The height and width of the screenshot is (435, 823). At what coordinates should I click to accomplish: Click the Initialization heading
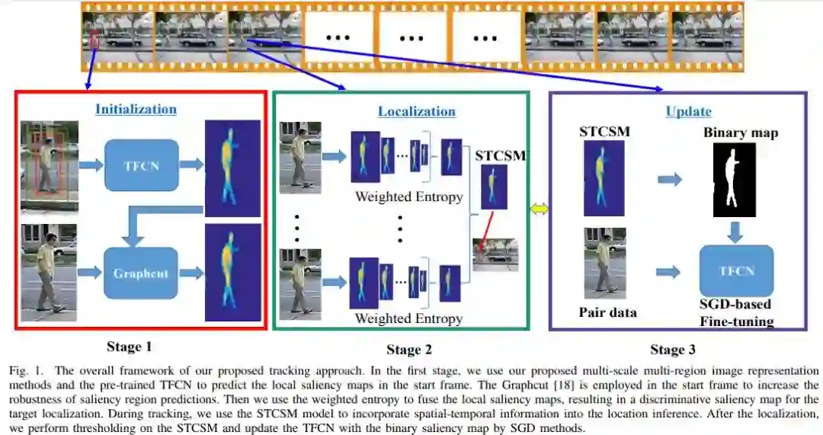(136, 109)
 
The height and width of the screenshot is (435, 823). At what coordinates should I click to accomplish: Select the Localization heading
(416, 111)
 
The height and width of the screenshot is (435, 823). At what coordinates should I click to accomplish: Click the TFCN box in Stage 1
(140, 165)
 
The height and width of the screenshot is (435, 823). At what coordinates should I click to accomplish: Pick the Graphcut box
(140, 273)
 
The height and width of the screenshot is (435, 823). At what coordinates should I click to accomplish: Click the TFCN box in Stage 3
(736, 270)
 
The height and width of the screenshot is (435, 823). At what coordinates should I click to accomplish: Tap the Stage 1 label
(129, 347)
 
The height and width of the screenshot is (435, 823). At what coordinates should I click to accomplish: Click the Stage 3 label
(672, 350)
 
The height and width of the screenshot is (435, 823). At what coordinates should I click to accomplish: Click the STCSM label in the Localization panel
(500, 156)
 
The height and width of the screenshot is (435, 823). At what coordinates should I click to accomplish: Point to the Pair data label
(608, 312)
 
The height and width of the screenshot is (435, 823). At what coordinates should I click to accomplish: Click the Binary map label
(740, 133)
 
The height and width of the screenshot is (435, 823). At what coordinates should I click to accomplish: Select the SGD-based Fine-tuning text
(735, 313)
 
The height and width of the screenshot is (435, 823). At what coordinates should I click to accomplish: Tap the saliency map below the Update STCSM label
(603, 179)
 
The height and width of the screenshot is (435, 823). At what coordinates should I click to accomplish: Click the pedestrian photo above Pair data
(605, 264)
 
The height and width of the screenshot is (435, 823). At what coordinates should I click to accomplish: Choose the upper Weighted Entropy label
(408, 197)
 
